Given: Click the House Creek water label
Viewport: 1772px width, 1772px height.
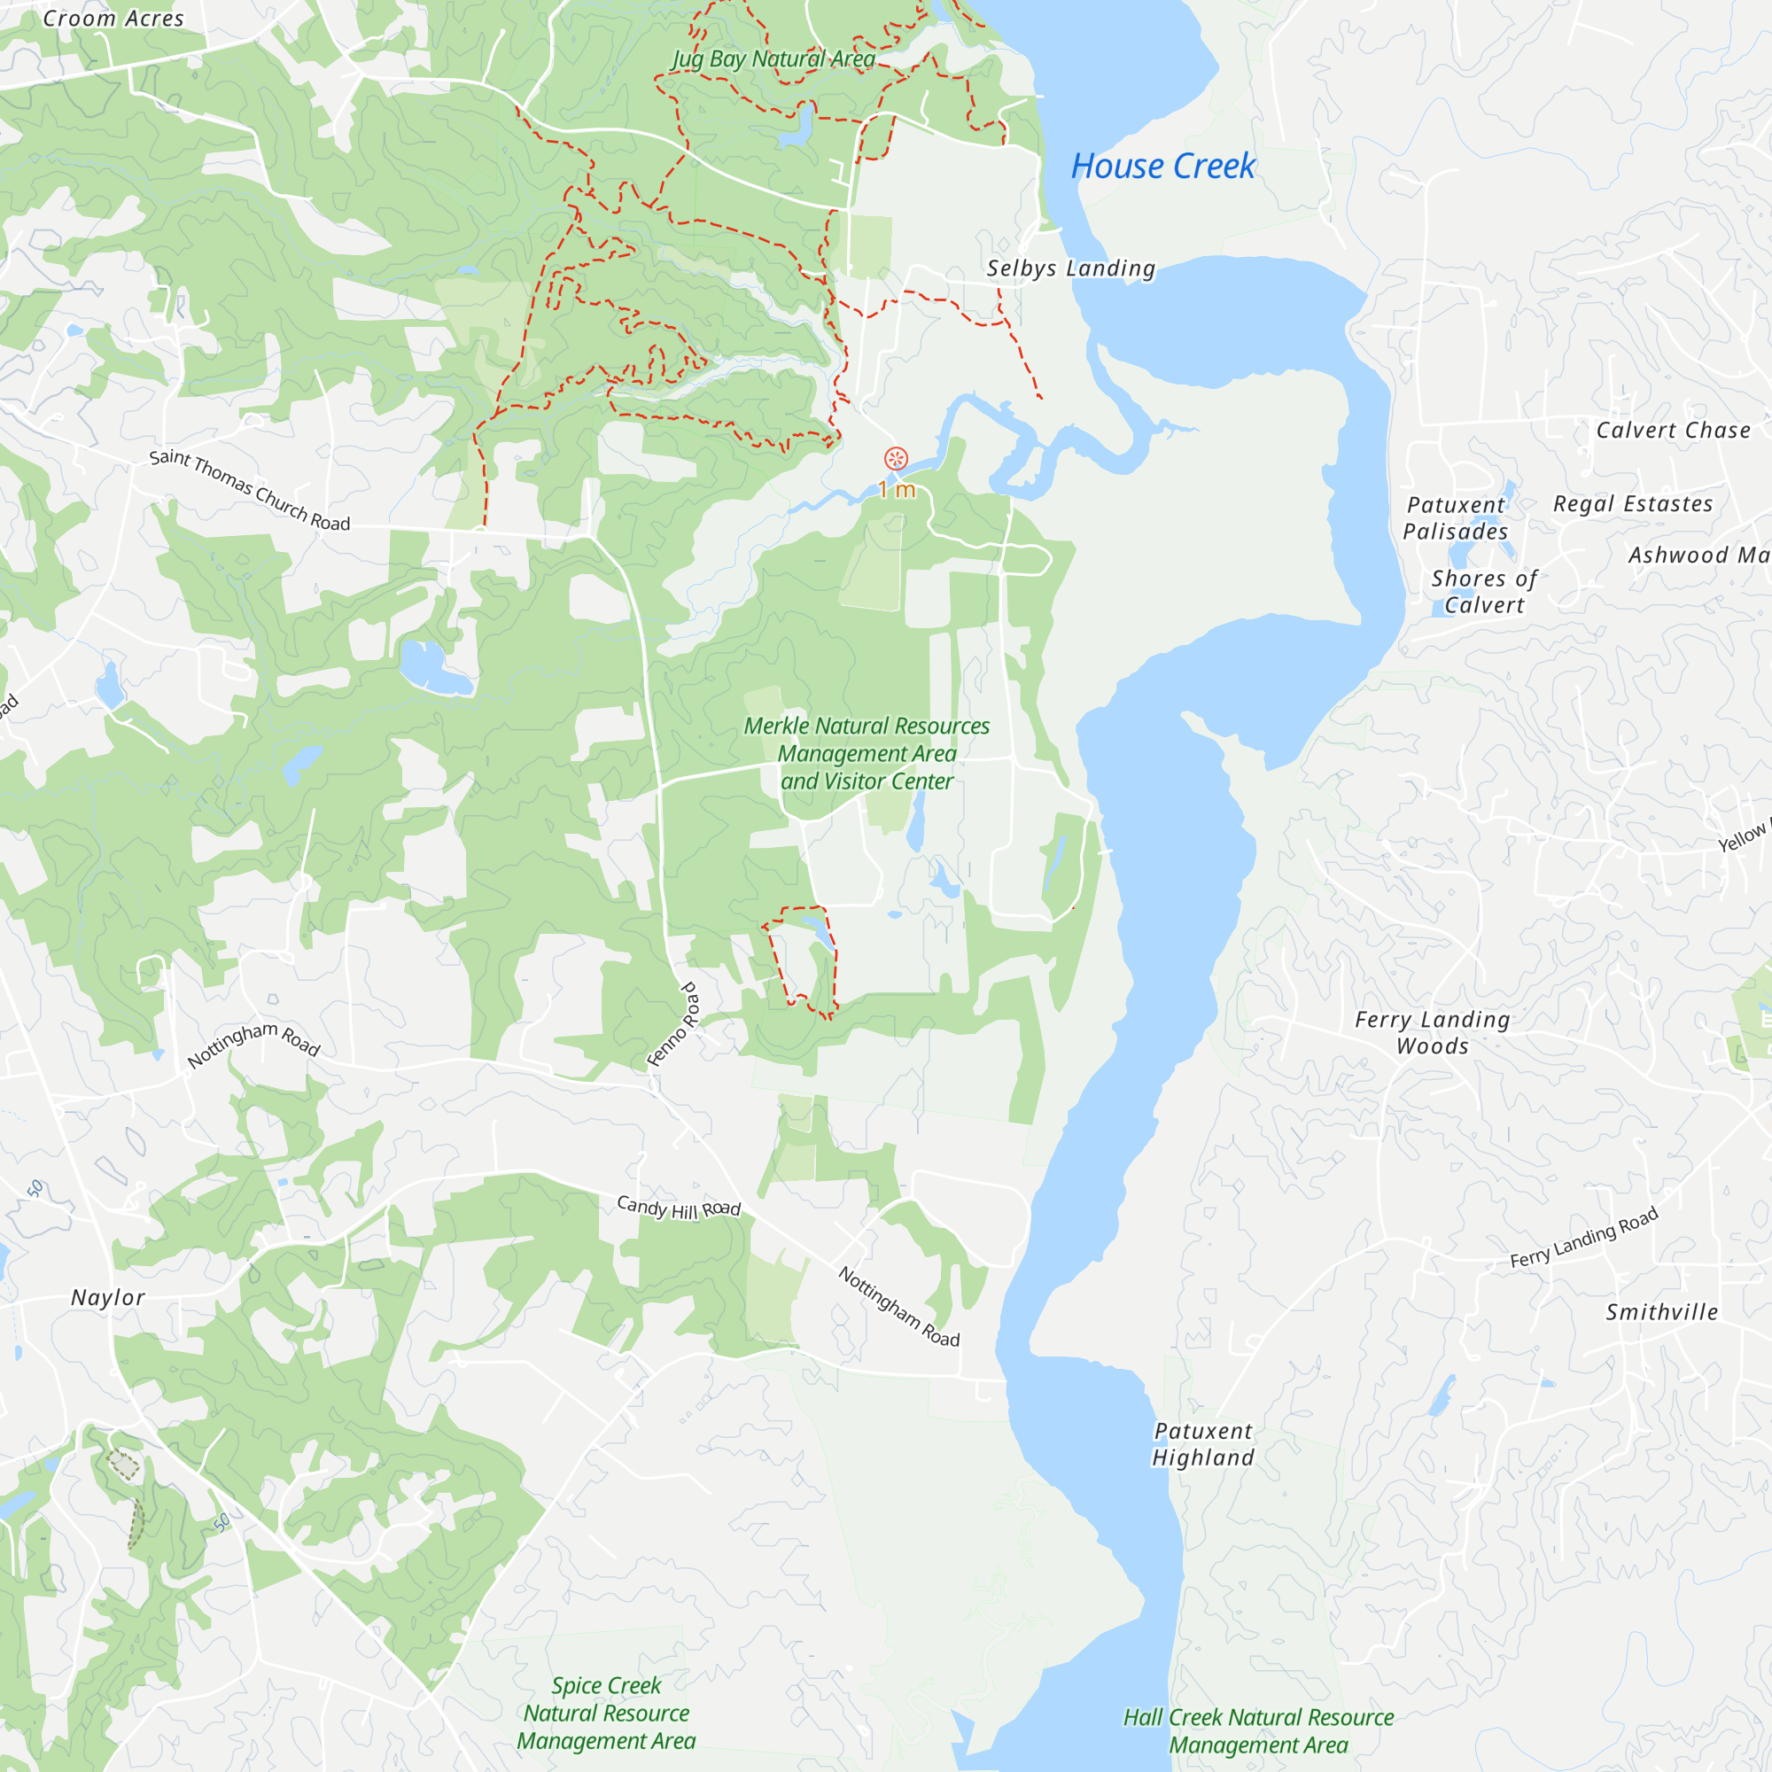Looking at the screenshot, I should (1162, 167).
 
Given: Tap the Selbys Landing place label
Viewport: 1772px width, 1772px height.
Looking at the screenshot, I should (1070, 268).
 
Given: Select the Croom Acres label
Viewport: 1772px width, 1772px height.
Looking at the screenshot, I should (113, 19).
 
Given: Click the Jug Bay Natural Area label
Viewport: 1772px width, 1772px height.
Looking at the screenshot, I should (774, 58).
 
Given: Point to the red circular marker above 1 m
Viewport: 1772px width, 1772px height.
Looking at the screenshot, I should (896, 459).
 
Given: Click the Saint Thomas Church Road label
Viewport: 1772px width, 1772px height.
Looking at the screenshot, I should (250, 491).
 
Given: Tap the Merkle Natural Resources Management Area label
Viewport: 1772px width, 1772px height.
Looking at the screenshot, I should (867, 754).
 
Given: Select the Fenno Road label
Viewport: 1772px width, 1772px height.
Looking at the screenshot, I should (674, 1024).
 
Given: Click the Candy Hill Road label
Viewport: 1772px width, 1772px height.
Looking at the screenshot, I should (679, 1208).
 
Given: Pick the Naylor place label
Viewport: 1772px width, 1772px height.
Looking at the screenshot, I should (108, 1298).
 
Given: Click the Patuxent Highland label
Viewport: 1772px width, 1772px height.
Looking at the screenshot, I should (1203, 1444).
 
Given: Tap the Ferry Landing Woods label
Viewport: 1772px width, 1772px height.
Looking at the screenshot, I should (1432, 1033).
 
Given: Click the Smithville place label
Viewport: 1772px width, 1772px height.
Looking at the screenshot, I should (1661, 1312).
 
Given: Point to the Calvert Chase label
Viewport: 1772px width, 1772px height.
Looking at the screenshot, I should (1673, 431).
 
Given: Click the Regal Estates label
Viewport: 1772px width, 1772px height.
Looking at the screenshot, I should (1633, 504).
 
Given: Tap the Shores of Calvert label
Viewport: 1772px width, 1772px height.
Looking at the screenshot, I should (1484, 592).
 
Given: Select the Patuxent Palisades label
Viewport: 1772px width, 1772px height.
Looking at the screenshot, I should (1456, 518).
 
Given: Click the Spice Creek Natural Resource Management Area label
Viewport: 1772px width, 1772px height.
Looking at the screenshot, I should (606, 1714).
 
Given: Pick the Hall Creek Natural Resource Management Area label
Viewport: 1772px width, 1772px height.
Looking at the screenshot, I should (1258, 1730).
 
